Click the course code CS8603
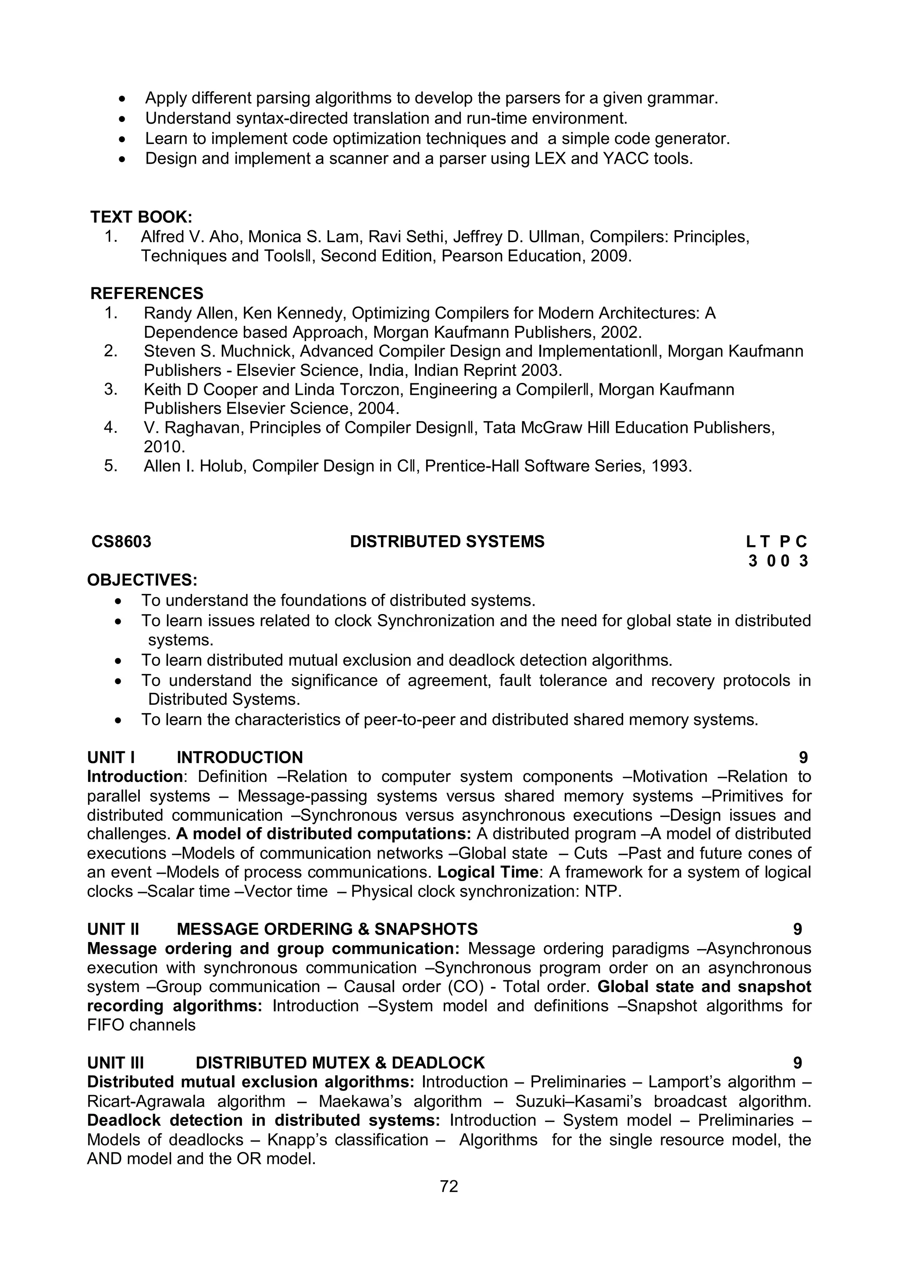point(121,541)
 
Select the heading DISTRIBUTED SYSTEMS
point(447,541)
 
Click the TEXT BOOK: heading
point(141,217)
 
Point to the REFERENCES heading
point(146,293)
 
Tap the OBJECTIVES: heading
point(142,580)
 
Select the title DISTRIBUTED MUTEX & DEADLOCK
point(340,1063)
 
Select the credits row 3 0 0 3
point(778,561)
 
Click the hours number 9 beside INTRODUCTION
point(803,757)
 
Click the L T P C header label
point(776,541)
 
